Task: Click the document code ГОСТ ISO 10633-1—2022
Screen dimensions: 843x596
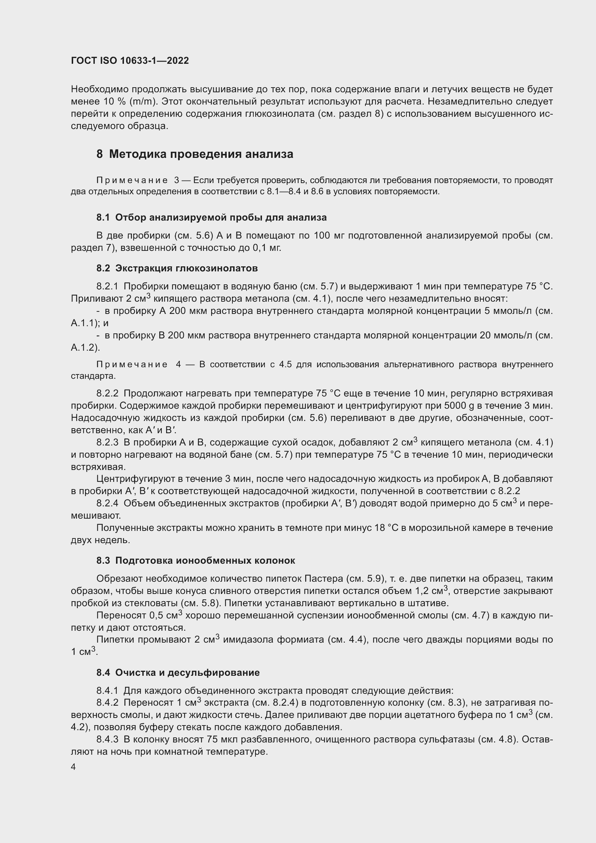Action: tap(130, 61)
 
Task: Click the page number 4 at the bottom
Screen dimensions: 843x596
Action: tap(74, 767)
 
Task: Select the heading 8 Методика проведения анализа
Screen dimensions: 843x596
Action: tap(195, 154)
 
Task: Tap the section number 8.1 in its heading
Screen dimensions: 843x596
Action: tap(103, 217)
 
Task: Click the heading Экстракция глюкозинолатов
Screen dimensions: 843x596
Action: tap(186, 268)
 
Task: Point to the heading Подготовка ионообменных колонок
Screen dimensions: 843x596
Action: tap(205, 560)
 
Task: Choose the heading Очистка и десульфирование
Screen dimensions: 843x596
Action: tap(187, 672)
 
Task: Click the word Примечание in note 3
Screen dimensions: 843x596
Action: tap(132, 180)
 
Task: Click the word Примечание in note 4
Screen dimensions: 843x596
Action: tap(132, 364)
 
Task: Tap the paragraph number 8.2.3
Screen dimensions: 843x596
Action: tap(107, 442)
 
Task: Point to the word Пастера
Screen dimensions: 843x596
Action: tap(324, 579)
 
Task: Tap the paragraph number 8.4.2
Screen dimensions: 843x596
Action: tap(107, 702)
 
